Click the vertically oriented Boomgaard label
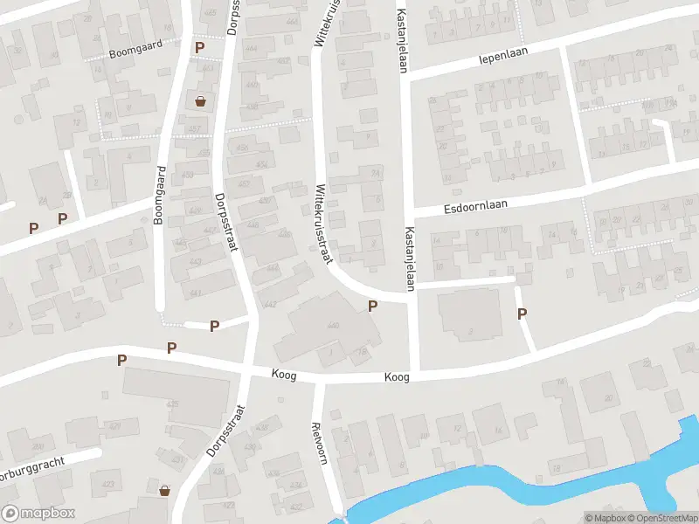pos(159,196)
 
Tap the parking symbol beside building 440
pos(373,306)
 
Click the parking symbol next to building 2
pos(523,314)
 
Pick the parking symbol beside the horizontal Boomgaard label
pos(199,47)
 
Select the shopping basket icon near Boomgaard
pos(202,100)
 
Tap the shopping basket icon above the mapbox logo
pos(164,492)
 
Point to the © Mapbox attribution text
pos(606,518)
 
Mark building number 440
pos(333,326)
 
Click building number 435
pos(172,404)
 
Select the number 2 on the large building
pos(470,331)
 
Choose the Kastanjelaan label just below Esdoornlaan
pos(409,259)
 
